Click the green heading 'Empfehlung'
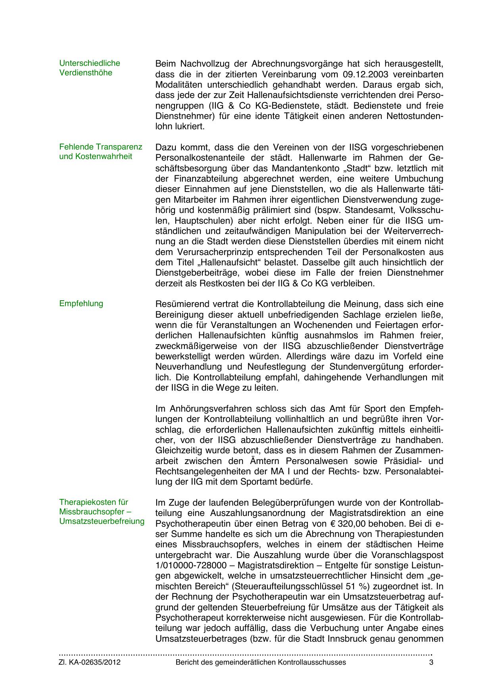pos(81,304)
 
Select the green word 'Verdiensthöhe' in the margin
pos(86,73)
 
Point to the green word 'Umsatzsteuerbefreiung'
pos(102,521)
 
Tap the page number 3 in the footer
pos(431,663)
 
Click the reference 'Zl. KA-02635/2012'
pos(90,663)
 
